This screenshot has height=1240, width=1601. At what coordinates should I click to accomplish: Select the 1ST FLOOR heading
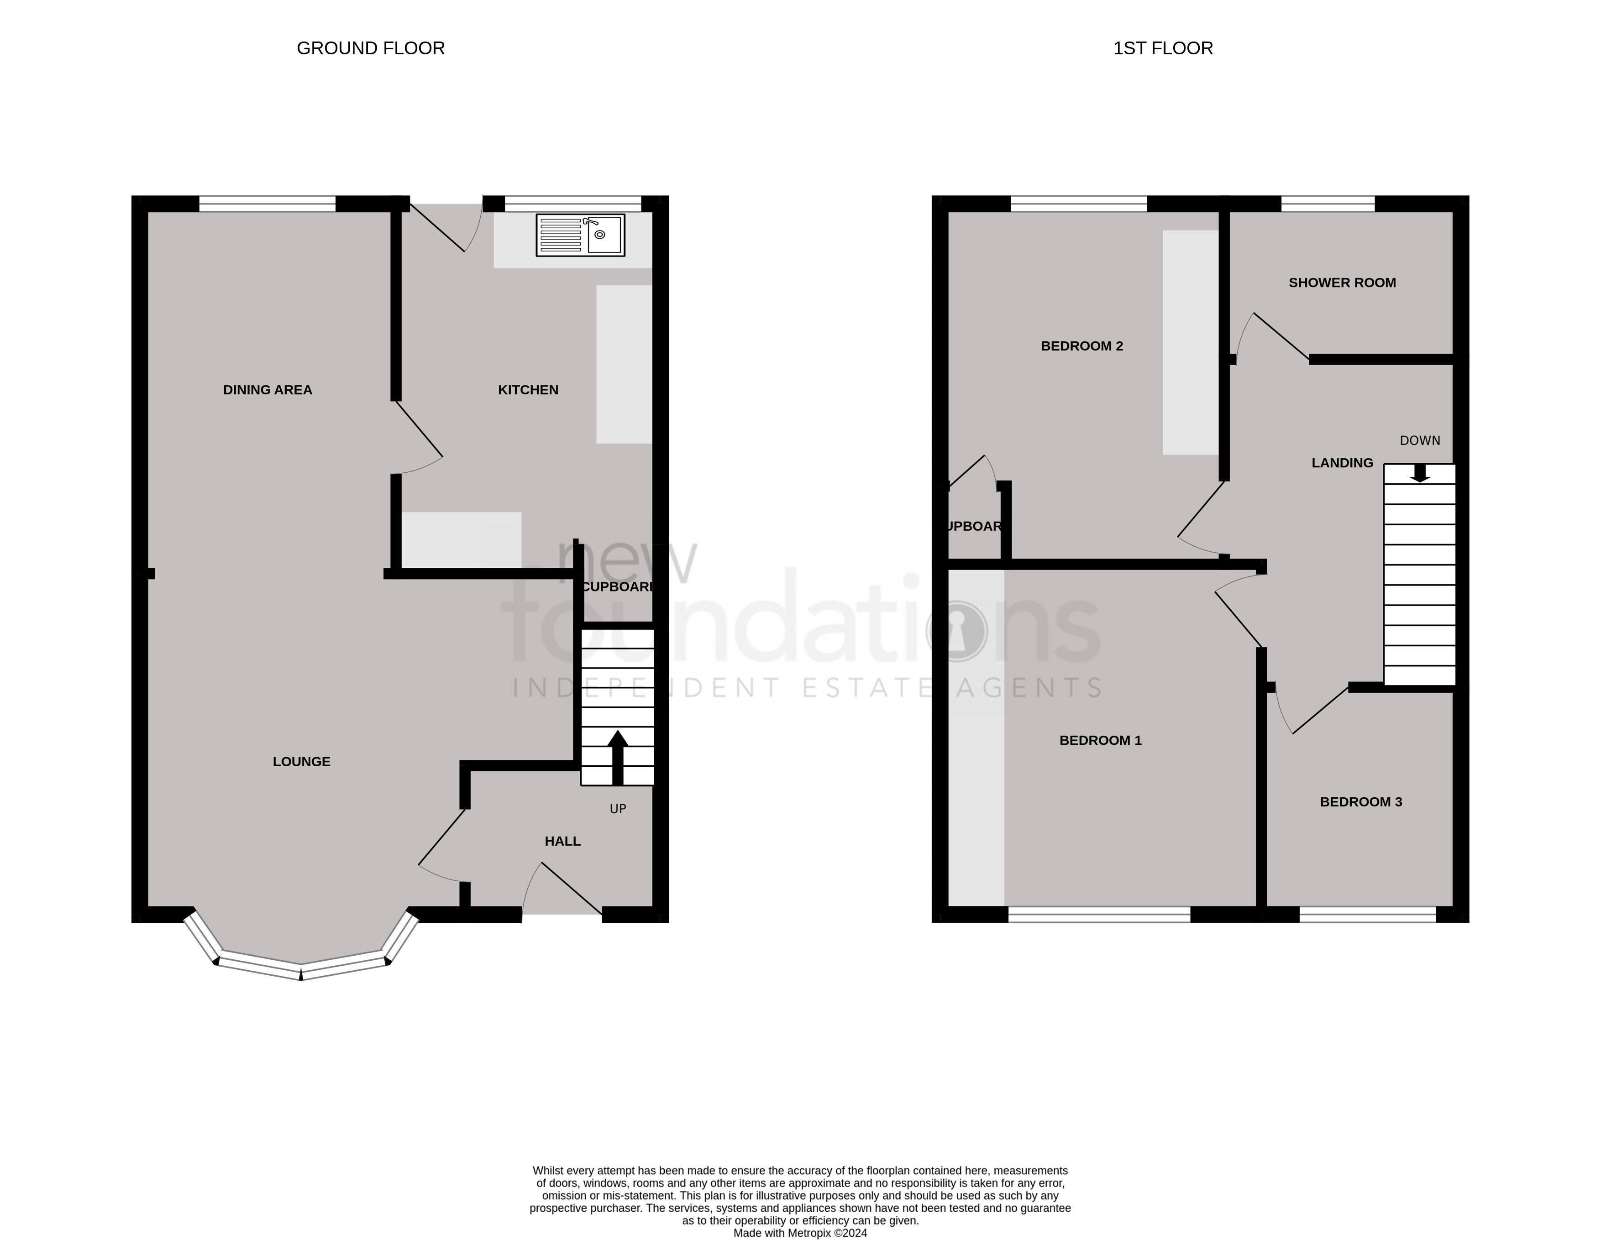(1163, 48)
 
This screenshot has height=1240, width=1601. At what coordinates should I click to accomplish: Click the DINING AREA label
(268, 390)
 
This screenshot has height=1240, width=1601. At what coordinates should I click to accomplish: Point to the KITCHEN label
(528, 390)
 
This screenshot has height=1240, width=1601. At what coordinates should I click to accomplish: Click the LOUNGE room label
(301, 761)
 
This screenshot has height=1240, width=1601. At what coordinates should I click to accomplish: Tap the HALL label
(562, 841)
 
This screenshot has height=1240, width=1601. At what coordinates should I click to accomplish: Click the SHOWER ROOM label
(1342, 283)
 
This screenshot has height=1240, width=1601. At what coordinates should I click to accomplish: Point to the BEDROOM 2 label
(1081, 346)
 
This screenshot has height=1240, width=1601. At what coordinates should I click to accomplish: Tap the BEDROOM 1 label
(1100, 740)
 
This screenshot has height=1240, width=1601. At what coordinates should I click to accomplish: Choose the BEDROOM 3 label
(1360, 802)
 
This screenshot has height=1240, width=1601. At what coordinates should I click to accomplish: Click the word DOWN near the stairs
(1420, 440)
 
